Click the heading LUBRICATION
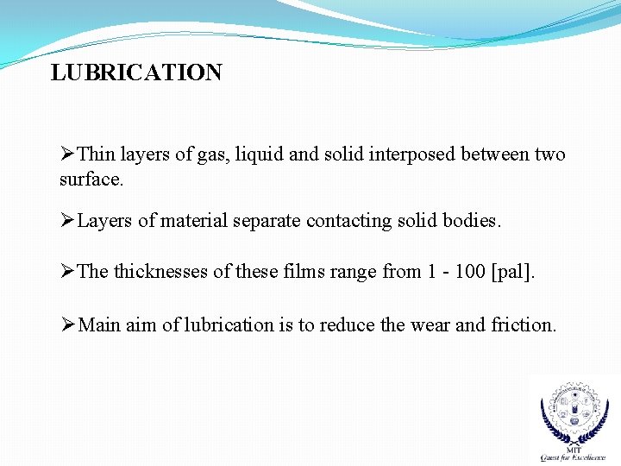(136, 72)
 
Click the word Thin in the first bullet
(96, 155)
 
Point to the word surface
(91, 180)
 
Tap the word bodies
(471, 221)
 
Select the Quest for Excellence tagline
(573, 457)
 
